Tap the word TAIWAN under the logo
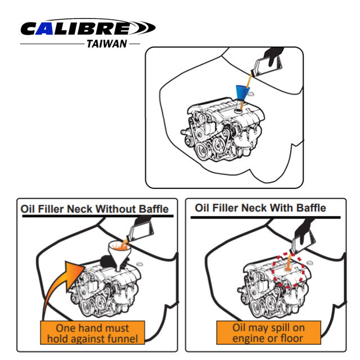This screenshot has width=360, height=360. (x=107, y=44)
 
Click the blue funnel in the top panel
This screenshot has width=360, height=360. (x=242, y=93)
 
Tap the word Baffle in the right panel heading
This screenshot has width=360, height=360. (x=311, y=208)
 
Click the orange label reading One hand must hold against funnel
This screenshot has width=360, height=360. (x=92, y=332)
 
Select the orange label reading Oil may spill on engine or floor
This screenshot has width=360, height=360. (x=268, y=332)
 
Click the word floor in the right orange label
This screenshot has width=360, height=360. (x=292, y=338)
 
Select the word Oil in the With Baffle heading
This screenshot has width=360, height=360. (x=201, y=208)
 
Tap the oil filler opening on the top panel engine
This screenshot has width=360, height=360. (x=238, y=111)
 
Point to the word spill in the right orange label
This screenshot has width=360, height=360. (x=278, y=328)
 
